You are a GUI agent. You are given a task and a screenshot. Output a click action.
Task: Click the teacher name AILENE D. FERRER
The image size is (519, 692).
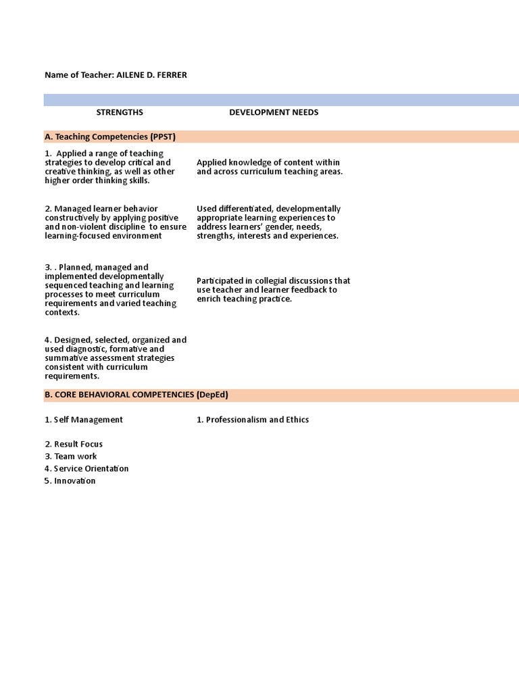tap(151, 75)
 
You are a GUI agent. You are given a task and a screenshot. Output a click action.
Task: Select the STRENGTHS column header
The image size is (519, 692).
tap(120, 112)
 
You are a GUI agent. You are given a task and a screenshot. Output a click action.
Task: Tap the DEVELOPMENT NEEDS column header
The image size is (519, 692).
tap(274, 112)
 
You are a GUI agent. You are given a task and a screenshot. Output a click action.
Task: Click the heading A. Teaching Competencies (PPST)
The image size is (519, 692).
tap(110, 137)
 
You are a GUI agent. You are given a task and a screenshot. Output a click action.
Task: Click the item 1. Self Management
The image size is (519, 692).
tap(84, 420)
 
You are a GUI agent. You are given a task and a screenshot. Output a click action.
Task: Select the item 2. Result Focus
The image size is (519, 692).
tap(74, 444)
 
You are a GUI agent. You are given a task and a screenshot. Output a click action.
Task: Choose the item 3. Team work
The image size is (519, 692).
tap(71, 456)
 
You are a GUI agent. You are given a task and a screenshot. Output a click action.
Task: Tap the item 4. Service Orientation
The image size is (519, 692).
tap(86, 468)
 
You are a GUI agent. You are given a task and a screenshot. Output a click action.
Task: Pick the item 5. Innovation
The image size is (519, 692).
tap(70, 480)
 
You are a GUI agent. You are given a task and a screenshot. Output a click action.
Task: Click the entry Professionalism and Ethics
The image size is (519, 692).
tap(257, 420)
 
